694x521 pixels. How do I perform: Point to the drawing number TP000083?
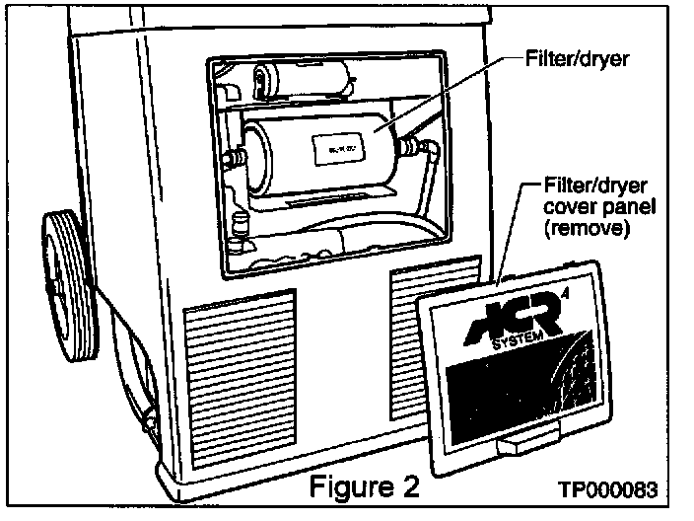[x=608, y=490]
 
